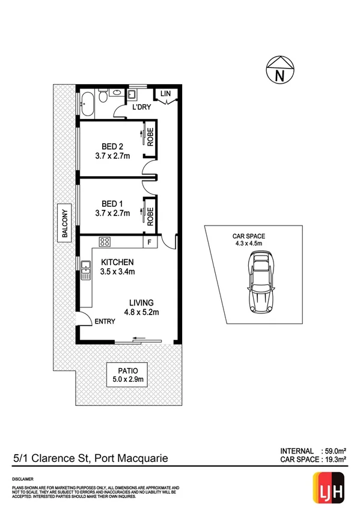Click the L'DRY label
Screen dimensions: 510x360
pyautogui.click(x=141, y=107)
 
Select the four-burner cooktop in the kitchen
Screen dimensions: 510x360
pyautogui.click(x=105, y=242)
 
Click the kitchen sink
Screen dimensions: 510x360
pyautogui.click(x=85, y=265)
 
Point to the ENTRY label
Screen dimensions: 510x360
pyautogui.click(x=105, y=322)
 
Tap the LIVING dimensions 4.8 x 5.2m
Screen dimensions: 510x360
pyautogui.click(x=141, y=312)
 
